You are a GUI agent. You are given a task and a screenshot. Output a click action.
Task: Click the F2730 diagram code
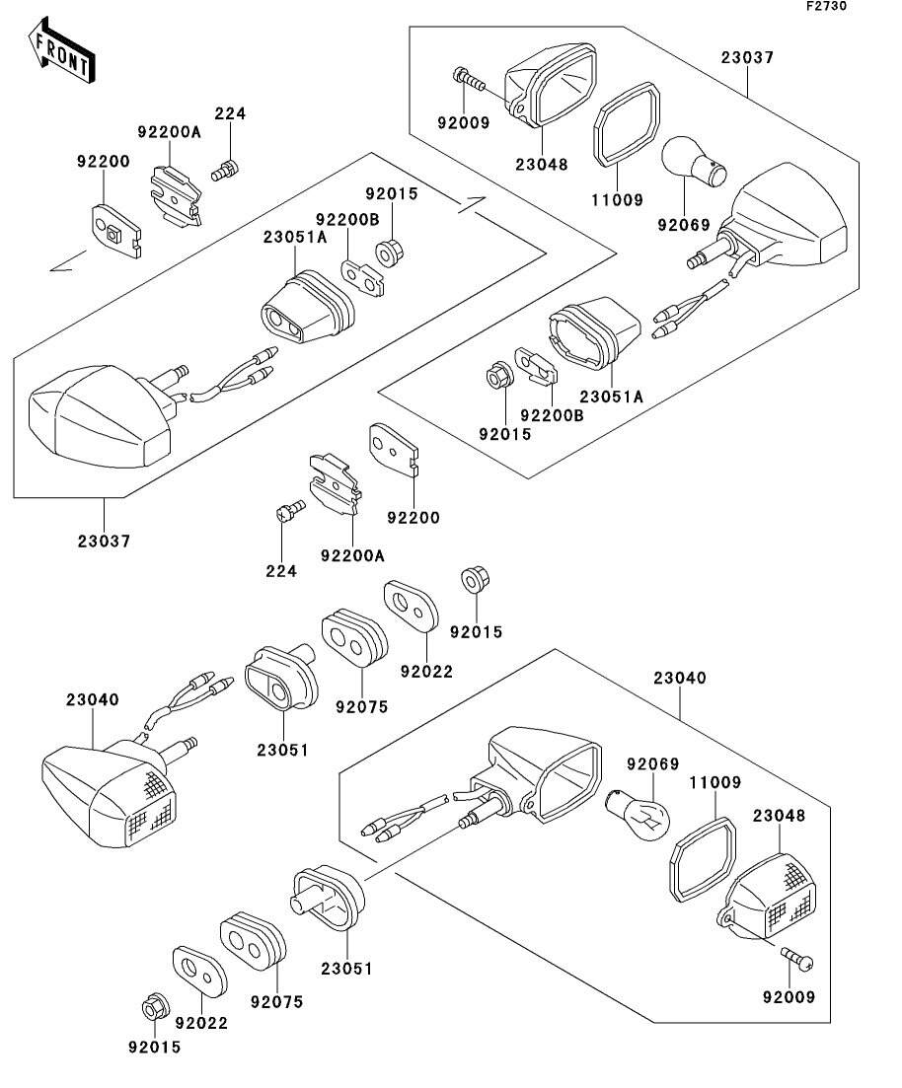(825, 6)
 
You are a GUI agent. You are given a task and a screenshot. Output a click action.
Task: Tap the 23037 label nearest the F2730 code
(747, 58)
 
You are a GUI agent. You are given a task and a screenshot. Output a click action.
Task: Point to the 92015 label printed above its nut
(392, 194)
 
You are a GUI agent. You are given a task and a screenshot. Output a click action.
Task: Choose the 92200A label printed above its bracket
(169, 131)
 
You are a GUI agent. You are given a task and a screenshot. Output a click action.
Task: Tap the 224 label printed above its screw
(230, 113)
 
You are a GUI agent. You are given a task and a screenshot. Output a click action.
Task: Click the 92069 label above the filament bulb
(654, 763)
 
